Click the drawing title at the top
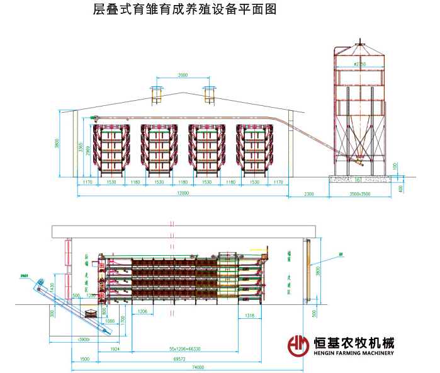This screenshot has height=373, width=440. pos(184,11)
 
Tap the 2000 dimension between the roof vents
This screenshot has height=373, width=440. pos(183,76)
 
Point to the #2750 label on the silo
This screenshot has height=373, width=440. pos(359,64)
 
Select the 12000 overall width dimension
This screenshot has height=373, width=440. pos(183,193)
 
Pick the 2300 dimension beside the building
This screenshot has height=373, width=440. pos(308,194)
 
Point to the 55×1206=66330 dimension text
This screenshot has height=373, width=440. pos(184,348)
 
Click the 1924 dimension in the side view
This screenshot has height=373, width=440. pos(115,348)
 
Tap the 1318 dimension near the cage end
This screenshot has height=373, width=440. pos(249,316)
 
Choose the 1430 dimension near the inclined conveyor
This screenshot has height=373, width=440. pos(52,289)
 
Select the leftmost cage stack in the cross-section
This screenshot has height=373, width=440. pos(111,149)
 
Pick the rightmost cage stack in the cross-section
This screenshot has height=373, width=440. pos(254,149)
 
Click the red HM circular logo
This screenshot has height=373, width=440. pos(298,346)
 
